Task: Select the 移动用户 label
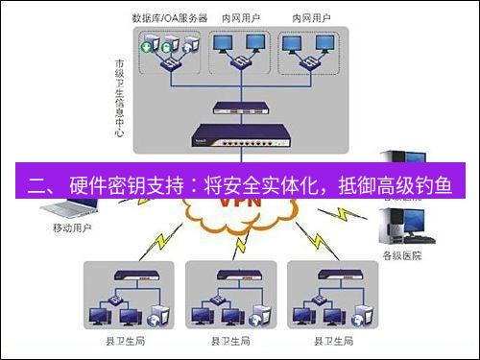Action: point(72,229)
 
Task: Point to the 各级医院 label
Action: point(402,255)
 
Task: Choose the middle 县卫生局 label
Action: point(229,341)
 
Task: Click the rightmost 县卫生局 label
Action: point(331,341)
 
